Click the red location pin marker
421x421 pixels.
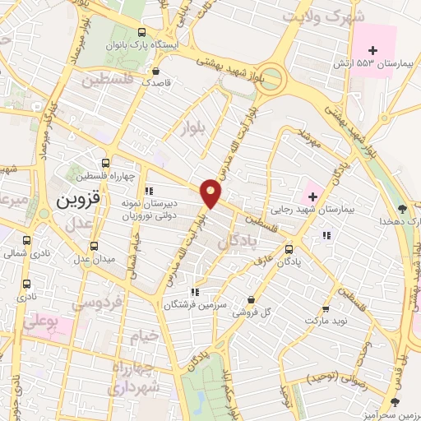212,192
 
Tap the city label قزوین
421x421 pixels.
78,201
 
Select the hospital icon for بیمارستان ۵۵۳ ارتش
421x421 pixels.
372,51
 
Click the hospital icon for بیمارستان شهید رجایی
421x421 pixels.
312,196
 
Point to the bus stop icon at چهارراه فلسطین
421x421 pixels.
105,163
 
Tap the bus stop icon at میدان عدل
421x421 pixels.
93,245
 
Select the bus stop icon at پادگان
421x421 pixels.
289,248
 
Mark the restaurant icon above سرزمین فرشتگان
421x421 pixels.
195,292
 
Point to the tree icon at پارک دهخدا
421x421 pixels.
401,209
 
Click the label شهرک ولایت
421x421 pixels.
315,17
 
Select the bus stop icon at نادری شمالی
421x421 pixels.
27,241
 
